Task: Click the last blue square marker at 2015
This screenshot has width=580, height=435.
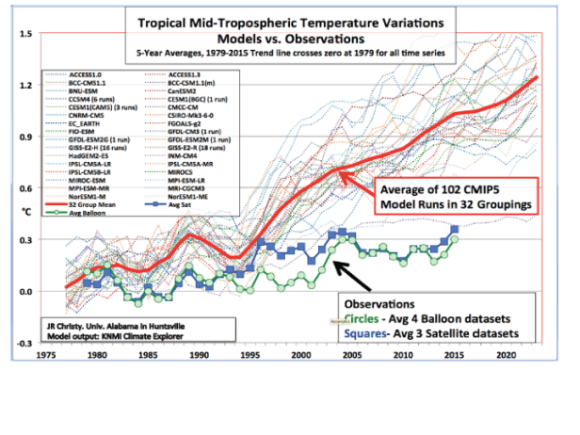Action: tap(456, 228)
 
